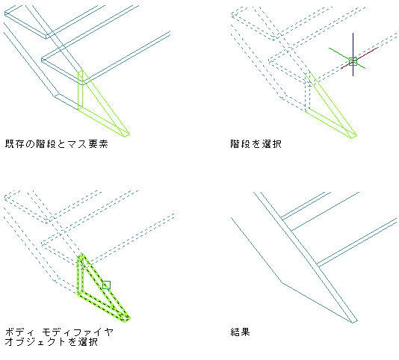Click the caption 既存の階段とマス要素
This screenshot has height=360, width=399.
(x=57, y=144)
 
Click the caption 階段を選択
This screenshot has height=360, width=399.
(x=256, y=144)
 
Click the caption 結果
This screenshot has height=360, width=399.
(x=240, y=332)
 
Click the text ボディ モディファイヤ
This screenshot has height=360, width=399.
(x=59, y=332)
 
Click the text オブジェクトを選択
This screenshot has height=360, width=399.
(x=52, y=341)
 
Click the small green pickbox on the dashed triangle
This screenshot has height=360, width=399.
(x=106, y=285)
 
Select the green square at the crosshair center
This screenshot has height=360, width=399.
(x=353, y=61)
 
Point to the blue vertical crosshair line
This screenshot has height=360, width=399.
(x=353, y=55)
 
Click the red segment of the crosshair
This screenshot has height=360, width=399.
(x=359, y=58)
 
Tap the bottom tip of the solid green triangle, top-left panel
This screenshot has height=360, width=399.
(x=126, y=136)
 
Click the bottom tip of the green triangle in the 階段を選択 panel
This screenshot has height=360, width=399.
(x=353, y=137)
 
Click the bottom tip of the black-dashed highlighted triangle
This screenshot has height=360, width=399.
(x=126, y=321)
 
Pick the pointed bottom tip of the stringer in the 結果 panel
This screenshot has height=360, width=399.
(x=353, y=323)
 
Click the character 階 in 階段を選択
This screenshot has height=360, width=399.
(x=235, y=144)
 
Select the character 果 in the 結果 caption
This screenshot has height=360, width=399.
(x=246, y=332)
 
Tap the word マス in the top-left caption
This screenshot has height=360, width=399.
(x=78, y=144)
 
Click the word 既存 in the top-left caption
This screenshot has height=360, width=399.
(x=15, y=144)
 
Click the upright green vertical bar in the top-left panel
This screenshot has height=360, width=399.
(x=81, y=90)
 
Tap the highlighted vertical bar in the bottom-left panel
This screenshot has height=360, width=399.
(x=81, y=274)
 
